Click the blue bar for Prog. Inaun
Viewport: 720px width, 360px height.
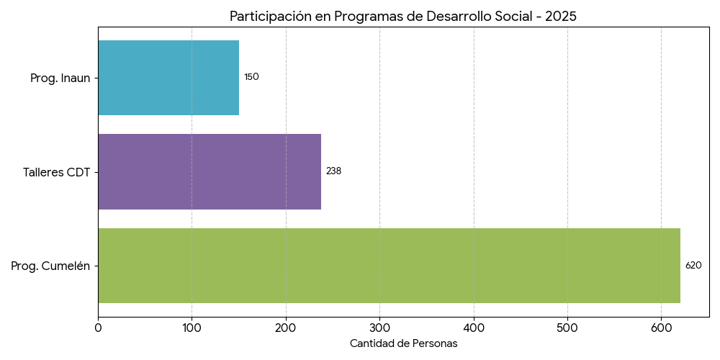click(168, 78)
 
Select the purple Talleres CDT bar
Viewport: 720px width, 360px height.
click(210, 171)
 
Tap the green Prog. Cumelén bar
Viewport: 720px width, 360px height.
click(389, 266)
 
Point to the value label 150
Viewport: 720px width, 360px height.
click(251, 77)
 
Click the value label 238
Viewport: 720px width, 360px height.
click(333, 171)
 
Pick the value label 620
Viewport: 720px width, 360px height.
click(693, 266)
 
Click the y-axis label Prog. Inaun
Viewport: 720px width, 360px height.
click(60, 78)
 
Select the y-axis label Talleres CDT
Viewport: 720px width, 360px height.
click(56, 172)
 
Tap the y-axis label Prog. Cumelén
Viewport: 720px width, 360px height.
click(50, 266)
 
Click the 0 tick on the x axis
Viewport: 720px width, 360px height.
click(98, 328)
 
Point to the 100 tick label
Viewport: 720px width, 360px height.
click(192, 328)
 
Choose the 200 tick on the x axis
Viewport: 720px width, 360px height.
click(286, 328)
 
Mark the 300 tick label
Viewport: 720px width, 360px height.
click(379, 328)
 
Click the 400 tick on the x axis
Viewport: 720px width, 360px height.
click(474, 328)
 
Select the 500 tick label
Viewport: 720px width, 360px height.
click(567, 328)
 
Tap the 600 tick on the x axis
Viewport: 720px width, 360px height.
click(662, 328)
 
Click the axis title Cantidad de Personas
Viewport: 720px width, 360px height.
click(403, 344)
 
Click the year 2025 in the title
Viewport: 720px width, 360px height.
click(561, 17)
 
